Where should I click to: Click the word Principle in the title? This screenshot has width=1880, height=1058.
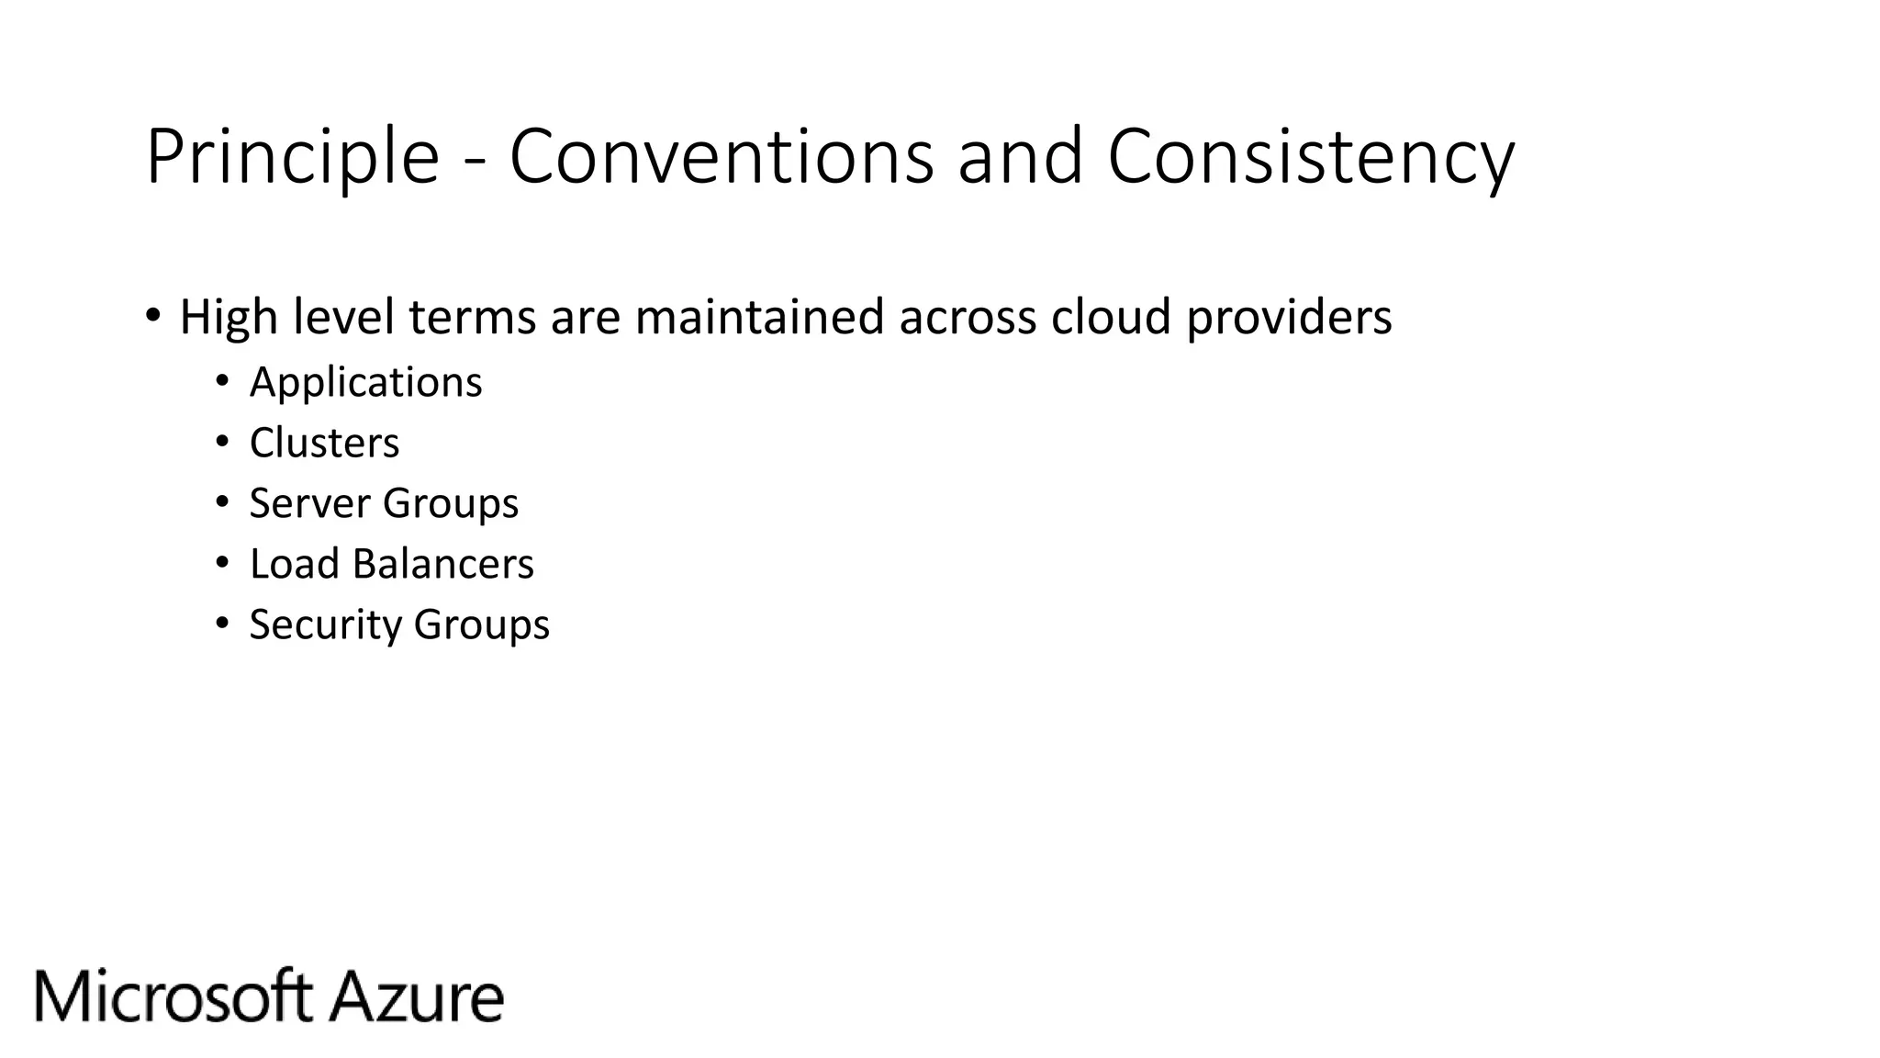tap(292, 158)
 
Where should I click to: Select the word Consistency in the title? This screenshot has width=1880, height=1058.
tap(1311, 158)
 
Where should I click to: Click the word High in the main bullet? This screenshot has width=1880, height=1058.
tap(229, 318)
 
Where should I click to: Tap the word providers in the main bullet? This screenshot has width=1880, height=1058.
tap(1289, 318)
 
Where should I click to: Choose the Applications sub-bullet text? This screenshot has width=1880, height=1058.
tap(365, 383)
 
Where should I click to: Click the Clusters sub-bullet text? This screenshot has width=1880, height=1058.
tap(324, 443)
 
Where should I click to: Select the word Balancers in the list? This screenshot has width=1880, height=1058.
tap(442, 564)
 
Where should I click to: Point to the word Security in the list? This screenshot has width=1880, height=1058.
tap(324, 625)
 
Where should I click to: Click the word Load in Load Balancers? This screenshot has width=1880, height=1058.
tap(294, 564)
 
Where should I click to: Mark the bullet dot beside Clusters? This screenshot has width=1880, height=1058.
tap(221, 443)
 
